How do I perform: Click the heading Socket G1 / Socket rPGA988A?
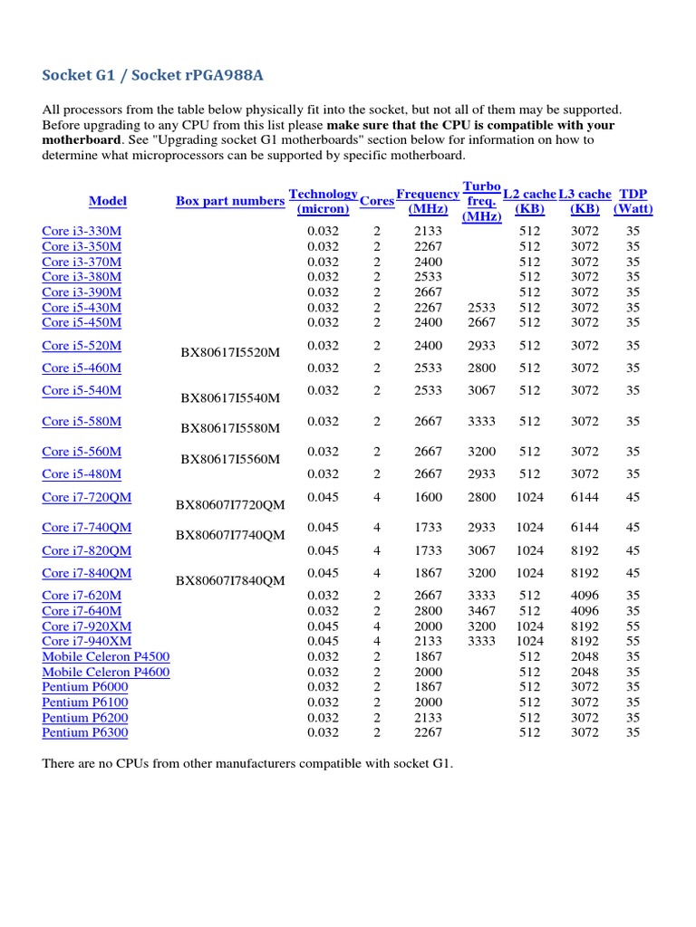153,74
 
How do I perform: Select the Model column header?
108,201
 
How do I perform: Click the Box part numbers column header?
230,201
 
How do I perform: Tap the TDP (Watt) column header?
633,201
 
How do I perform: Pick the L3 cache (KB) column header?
585,201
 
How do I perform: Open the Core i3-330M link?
82,231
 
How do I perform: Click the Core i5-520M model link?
82,345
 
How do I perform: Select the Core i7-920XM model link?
87,626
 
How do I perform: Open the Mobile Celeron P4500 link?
105,656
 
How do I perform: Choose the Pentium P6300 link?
85,732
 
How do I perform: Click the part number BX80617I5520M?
230,353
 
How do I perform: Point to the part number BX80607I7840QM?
230,580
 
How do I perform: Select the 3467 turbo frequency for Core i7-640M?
481,611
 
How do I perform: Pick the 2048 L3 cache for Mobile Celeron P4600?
585,672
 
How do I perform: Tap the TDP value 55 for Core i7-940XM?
633,641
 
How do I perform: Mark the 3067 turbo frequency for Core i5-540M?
481,390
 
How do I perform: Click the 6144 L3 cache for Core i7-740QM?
585,527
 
